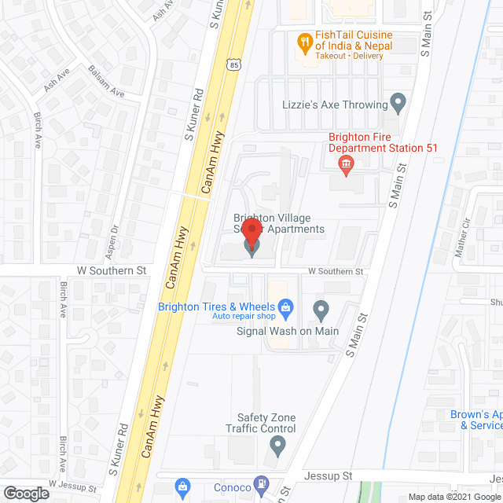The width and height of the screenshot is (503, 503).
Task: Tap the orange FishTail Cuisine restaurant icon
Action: pos(303,41)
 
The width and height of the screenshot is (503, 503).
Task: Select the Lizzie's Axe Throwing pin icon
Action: pos(398,103)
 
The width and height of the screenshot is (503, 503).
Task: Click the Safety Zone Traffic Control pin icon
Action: pos(277,446)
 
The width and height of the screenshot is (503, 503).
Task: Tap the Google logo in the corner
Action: pos(25,494)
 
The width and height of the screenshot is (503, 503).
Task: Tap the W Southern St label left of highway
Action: pos(112,270)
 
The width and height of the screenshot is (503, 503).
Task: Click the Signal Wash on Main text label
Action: pos(288,331)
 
